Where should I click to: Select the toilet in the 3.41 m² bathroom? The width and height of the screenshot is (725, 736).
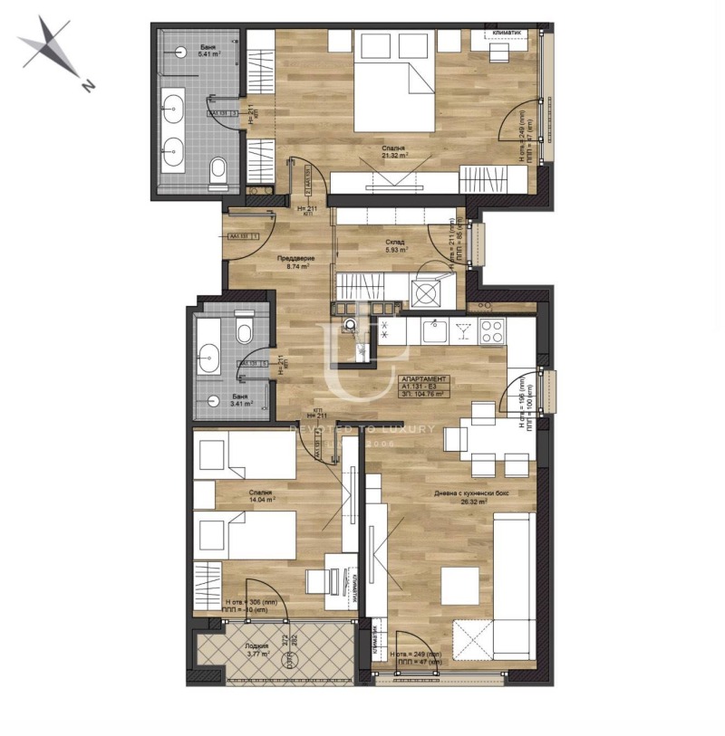(x=244, y=330)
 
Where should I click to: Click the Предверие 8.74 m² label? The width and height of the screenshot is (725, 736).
(x=294, y=263)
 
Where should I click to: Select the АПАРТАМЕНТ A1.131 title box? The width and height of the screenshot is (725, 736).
(x=423, y=387)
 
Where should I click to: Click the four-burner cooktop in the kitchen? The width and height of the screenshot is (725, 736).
(x=492, y=331)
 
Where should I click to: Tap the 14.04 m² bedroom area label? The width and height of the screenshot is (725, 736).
(x=263, y=495)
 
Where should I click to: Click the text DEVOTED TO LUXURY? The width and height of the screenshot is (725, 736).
(x=362, y=428)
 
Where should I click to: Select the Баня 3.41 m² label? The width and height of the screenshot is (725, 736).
(x=241, y=401)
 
